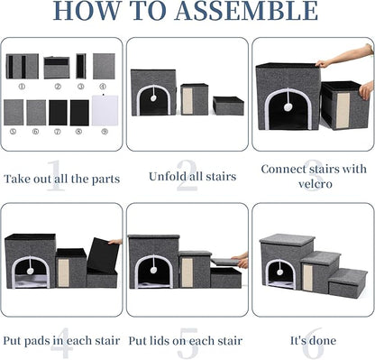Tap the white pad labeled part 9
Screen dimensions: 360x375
tap(103, 112)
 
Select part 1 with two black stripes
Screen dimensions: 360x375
tap(22, 66)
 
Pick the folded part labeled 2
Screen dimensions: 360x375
tap(57, 67)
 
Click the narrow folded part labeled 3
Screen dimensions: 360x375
tap(81, 66)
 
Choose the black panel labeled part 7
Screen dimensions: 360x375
tap(58, 113)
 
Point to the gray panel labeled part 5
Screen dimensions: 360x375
tap(14, 112)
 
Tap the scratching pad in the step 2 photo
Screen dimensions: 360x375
tap(187, 101)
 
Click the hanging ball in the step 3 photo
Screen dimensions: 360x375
tap(288, 106)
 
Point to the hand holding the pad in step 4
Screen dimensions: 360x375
tap(115, 242)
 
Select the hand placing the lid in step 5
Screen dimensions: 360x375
tap(241, 261)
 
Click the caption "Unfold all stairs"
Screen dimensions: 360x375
tap(187, 178)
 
